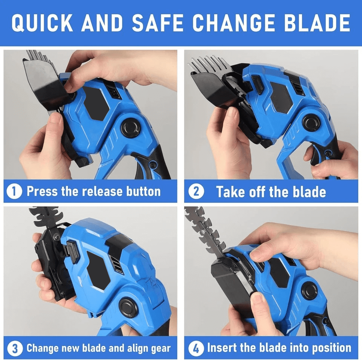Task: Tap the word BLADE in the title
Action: coord(317,23)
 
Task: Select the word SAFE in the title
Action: coord(158,23)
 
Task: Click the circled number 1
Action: coord(14,191)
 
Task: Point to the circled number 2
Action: coord(196,191)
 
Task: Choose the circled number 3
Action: coord(15,348)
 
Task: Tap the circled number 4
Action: coord(196,348)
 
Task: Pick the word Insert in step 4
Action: coord(222,348)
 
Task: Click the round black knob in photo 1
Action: coord(131,128)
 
